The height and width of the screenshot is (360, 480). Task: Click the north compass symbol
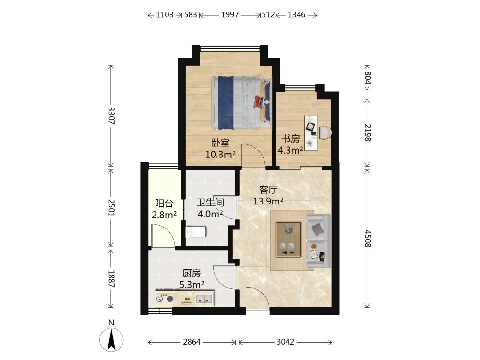click(x=111, y=339)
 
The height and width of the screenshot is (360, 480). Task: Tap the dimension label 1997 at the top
click(x=230, y=15)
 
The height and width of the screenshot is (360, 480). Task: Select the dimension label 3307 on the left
click(x=111, y=116)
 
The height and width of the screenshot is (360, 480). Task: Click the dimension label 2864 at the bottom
click(x=192, y=342)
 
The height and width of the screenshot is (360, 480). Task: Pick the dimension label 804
click(x=367, y=78)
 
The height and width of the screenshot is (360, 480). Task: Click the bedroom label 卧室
click(x=220, y=143)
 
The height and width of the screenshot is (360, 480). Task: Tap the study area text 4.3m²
click(x=290, y=150)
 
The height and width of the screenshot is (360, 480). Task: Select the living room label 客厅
click(x=268, y=190)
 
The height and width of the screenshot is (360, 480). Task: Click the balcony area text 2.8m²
click(x=164, y=215)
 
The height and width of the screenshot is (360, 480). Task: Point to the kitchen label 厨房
click(x=192, y=273)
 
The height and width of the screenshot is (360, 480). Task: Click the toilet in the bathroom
click(x=196, y=232)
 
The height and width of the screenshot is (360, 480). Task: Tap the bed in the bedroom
click(x=241, y=103)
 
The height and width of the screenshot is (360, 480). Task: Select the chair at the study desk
click(x=325, y=133)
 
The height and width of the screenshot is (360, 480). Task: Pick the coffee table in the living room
click(x=288, y=240)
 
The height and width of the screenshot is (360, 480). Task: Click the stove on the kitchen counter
click(x=165, y=298)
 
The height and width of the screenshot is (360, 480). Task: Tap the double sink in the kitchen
click(x=204, y=299)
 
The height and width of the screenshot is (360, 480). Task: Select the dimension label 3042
click(x=285, y=342)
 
